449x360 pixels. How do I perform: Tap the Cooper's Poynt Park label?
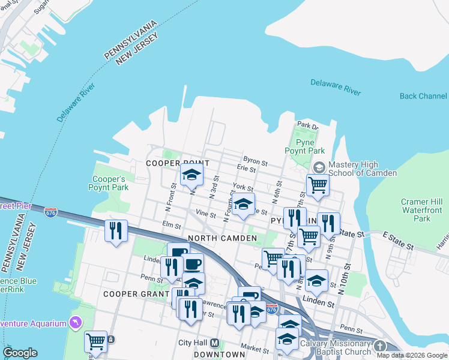109,183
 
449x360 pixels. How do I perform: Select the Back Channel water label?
423,96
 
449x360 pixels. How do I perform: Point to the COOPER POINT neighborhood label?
178,163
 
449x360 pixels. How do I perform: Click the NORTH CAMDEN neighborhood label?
223,238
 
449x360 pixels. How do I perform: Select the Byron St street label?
255,162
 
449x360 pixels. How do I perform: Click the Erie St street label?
247,170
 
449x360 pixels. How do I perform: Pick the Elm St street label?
172,225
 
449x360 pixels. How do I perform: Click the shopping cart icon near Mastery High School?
318,185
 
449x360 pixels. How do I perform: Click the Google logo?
20,353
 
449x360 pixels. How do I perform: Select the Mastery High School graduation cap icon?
319,166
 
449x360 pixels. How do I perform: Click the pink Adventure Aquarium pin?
75,323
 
